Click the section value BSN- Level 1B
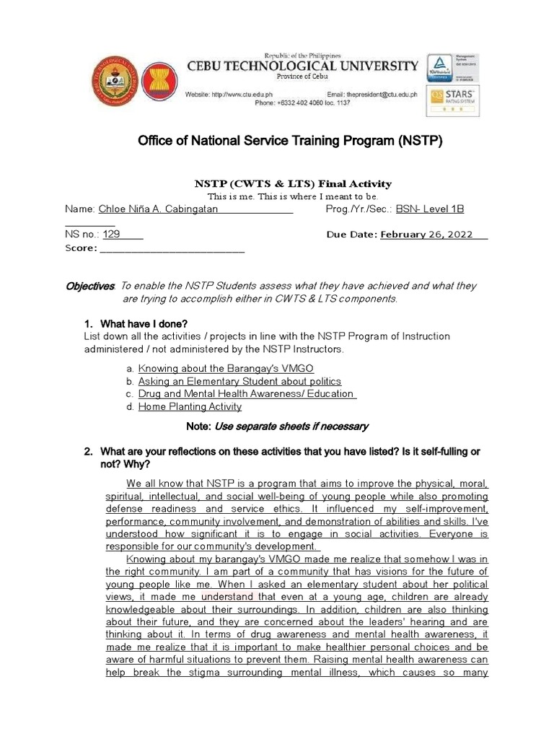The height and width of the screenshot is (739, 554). [430, 209]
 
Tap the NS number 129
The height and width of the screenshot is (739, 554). [111, 235]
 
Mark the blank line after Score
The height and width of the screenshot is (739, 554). [172, 248]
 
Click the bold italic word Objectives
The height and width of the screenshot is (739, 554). [89, 287]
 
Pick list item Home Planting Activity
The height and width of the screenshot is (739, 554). [189, 407]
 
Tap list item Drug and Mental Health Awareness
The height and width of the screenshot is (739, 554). [245, 394]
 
